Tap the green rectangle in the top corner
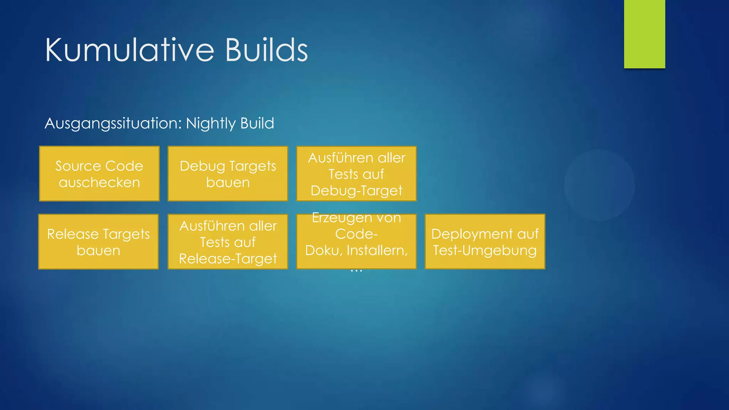[x=644, y=34]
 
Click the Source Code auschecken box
[x=99, y=174]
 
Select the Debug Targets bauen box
[x=228, y=174]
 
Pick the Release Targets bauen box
[x=99, y=242]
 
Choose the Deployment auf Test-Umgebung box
[x=485, y=242]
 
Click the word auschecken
[x=99, y=183]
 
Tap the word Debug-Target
[x=356, y=191]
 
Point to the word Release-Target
[x=228, y=259]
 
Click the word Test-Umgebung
[x=485, y=250]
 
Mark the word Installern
[x=377, y=251]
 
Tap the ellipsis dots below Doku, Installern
[x=356, y=271]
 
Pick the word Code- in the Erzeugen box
[x=356, y=234]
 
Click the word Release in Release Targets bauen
[x=73, y=234]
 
